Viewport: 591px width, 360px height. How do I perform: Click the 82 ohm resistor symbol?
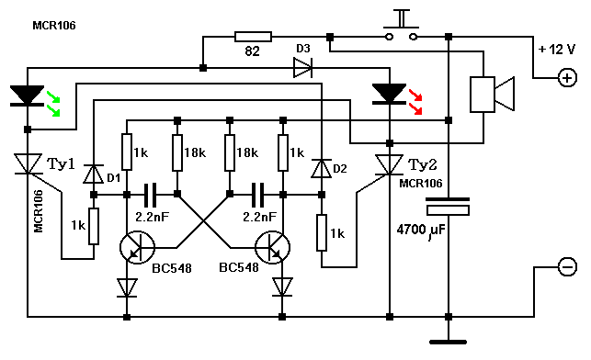(x=253, y=37)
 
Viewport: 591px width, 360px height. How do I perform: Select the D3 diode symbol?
(x=302, y=68)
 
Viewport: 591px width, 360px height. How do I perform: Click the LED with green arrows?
(x=28, y=96)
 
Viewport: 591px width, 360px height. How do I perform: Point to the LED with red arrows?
(x=390, y=94)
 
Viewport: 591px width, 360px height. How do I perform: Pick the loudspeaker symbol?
(x=492, y=95)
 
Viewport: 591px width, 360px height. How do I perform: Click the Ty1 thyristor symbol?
(x=28, y=163)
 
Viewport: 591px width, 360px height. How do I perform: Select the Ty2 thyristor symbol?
(x=390, y=165)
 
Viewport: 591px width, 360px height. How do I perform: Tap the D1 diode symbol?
(x=93, y=174)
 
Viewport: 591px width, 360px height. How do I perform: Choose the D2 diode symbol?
(x=321, y=168)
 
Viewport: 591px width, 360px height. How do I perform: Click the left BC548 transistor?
(x=137, y=247)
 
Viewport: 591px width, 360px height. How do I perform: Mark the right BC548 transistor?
(x=272, y=247)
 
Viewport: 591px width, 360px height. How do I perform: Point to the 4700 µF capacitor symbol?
(x=448, y=207)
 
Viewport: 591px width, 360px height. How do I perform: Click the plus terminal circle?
(x=567, y=78)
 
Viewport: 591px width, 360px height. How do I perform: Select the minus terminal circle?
(x=567, y=266)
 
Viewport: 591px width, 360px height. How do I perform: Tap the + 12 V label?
(x=557, y=50)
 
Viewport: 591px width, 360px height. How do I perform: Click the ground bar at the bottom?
(x=449, y=342)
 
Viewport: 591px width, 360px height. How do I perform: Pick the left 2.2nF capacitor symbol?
(x=152, y=195)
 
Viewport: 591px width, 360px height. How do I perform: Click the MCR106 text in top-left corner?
(x=54, y=26)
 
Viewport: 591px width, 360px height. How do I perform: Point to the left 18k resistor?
(x=177, y=152)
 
